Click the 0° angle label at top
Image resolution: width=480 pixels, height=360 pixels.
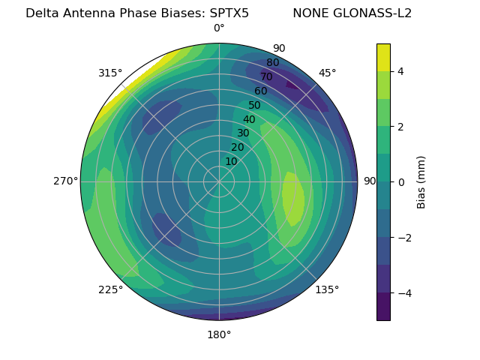tap(219, 28)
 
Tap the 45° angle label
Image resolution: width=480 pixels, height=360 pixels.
tap(327, 73)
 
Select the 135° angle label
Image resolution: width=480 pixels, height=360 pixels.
tap(327, 289)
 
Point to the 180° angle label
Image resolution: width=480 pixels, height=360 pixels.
tap(219, 334)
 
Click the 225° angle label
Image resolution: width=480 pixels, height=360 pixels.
tap(110, 289)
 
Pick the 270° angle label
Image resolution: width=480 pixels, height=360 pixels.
tap(65, 181)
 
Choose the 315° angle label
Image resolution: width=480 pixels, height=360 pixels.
tap(110, 73)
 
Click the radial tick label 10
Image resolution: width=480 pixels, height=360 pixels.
tap(231, 161)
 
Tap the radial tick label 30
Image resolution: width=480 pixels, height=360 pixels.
tap(243, 133)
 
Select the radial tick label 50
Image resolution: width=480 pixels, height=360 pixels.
tap(254, 105)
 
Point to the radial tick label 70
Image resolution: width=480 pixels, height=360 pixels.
tap(266, 76)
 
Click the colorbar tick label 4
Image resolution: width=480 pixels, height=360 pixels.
tap(401, 71)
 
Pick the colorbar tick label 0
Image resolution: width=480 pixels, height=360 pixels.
tap(401, 182)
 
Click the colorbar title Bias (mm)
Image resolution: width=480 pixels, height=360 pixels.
tap(421, 182)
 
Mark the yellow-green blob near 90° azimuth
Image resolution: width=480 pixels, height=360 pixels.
tap(294, 199)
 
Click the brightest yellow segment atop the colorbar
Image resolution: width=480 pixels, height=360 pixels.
tap(383, 57)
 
